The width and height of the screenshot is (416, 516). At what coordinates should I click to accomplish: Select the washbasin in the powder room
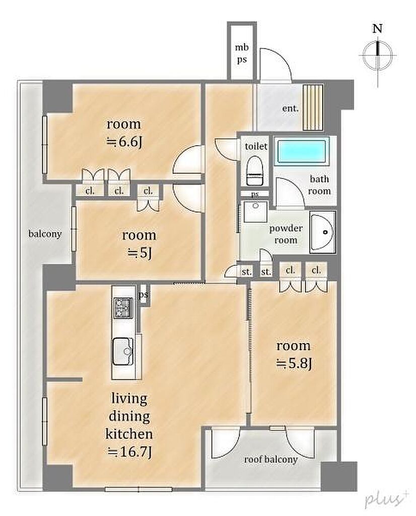click(x=323, y=232)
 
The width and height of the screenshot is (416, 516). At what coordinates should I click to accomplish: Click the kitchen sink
click(x=123, y=351)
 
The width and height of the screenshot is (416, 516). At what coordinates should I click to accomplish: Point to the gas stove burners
click(x=123, y=308)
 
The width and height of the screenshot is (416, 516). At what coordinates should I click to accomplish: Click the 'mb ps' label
click(x=241, y=53)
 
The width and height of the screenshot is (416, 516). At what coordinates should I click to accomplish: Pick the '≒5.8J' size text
click(x=293, y=364)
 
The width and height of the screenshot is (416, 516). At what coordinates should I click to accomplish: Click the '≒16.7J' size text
click(x=129, y=452)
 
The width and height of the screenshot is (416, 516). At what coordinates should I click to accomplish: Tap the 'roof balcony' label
click(x=270, y=460)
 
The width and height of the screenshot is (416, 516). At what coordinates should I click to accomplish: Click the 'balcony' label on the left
click(x=45, y=234)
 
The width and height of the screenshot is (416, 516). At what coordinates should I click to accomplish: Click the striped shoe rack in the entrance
click(x=313, y=108)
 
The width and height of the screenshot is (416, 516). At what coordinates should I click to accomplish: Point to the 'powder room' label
click(x=286, y=234)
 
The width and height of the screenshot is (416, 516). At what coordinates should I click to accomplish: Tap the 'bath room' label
click(x=319, y=184)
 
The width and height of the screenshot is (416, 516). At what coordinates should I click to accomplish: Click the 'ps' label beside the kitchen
click(x=143, y=294)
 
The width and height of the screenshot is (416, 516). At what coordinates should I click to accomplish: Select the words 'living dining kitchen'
click(x=129, y=416)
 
